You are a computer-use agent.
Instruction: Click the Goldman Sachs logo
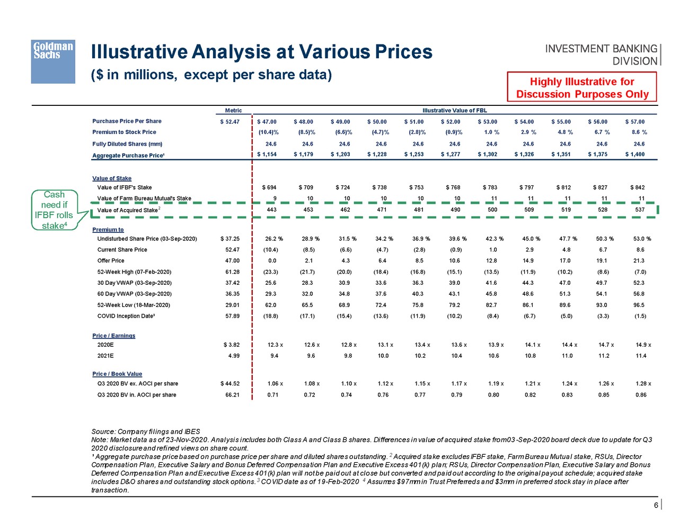52,61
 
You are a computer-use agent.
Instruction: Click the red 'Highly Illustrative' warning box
582,87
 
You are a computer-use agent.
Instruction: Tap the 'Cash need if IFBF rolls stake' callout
54,210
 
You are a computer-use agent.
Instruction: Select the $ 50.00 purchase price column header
377,122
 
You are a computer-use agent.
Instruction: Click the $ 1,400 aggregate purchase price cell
634,155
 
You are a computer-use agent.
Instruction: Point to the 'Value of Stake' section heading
112,178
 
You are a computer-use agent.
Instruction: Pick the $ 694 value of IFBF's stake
269,187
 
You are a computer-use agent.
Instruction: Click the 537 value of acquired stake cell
640,210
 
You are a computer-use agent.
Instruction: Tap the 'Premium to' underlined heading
108,230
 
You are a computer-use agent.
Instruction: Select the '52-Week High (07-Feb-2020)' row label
134,272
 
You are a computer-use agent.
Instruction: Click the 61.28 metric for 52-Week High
232,272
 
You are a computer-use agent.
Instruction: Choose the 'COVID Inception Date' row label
126,316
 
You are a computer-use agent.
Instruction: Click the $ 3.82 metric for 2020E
232,345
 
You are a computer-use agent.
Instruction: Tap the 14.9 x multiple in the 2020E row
643,345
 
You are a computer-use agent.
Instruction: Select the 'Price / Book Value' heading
117,374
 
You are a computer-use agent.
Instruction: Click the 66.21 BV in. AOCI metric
232,395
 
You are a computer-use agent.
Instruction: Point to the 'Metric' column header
233,111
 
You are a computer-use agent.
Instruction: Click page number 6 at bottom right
656,505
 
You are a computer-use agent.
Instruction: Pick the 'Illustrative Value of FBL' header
454,111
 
